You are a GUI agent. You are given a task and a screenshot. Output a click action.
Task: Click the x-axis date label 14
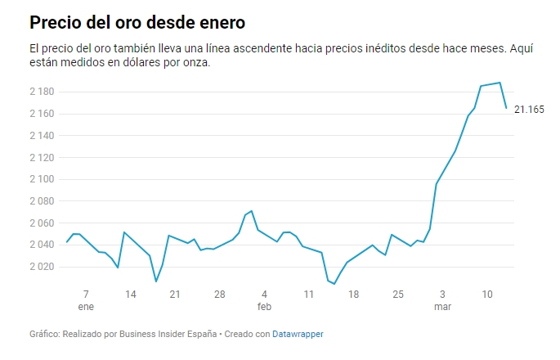(x=130, y=294)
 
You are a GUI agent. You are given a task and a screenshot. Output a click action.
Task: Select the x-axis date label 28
(x=219, y=294)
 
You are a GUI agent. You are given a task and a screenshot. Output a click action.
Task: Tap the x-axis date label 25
(x=397, y=294)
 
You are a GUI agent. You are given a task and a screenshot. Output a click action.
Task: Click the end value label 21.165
(x=529, y=110)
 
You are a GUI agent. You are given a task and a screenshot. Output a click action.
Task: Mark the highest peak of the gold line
(x=500, y=83)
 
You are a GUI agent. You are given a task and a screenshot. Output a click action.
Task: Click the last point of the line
(x=506, y=107)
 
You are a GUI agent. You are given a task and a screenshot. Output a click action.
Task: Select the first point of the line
(x=67, y=242)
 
